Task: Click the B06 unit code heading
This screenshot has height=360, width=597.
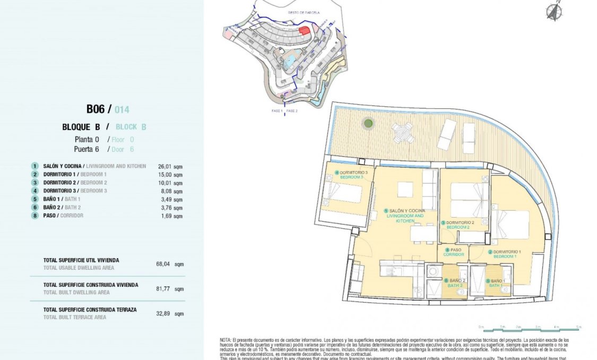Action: (96, 109)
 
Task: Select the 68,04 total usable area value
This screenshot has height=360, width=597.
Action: (163, 263)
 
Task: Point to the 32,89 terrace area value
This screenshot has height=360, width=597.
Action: (163, 313)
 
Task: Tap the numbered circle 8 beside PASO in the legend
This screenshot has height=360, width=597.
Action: (35, 216)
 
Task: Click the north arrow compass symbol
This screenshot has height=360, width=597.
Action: (555, 11)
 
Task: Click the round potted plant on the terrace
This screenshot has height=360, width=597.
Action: (368, 124)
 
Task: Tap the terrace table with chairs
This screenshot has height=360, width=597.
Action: (403, 132)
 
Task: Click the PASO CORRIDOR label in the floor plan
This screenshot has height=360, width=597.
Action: (454, 252)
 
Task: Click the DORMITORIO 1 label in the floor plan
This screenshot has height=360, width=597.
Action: (506, 254)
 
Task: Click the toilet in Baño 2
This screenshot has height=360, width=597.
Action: (418, 290)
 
